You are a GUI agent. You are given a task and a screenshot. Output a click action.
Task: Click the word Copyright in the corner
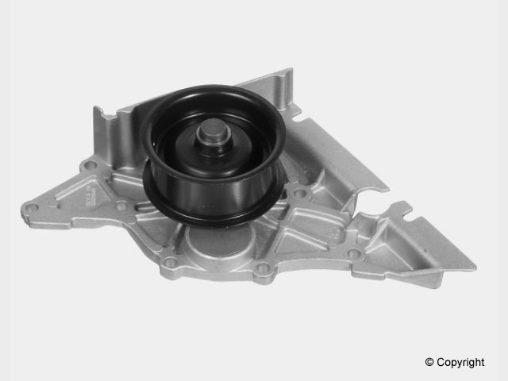click(460, 362)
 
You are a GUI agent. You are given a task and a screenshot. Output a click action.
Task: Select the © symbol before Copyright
click(429, 362)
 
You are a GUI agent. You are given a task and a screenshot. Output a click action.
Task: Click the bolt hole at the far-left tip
click(32, 209)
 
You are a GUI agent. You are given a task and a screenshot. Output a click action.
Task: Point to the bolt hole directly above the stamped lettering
click(90, 166)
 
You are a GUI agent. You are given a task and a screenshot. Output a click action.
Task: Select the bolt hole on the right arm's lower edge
click(354, 253)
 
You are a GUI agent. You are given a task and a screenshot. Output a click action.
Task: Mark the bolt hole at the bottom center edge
click(263, 270)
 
